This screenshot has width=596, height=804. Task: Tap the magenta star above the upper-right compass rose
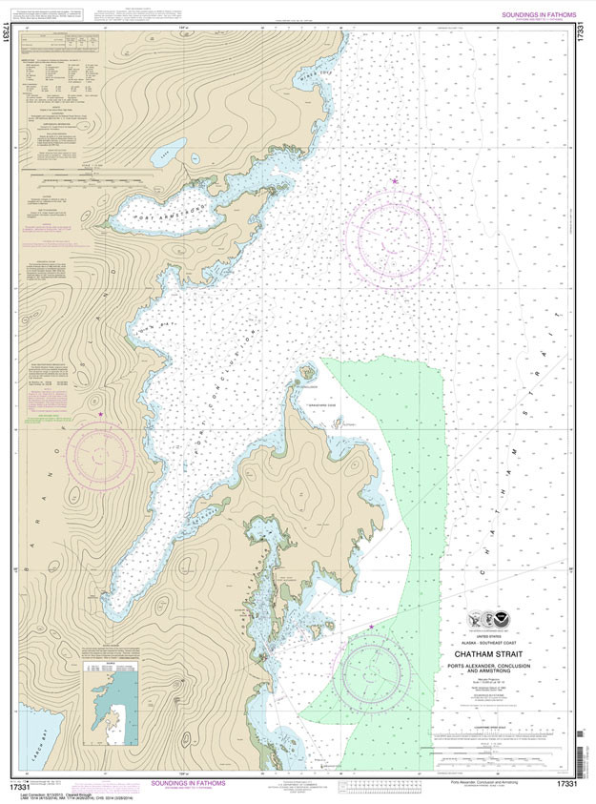(x=394, y=180)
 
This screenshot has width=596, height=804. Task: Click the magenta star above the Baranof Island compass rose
(x=101, y=415)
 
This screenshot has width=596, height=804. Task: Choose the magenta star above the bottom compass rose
(x=371, y=627)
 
